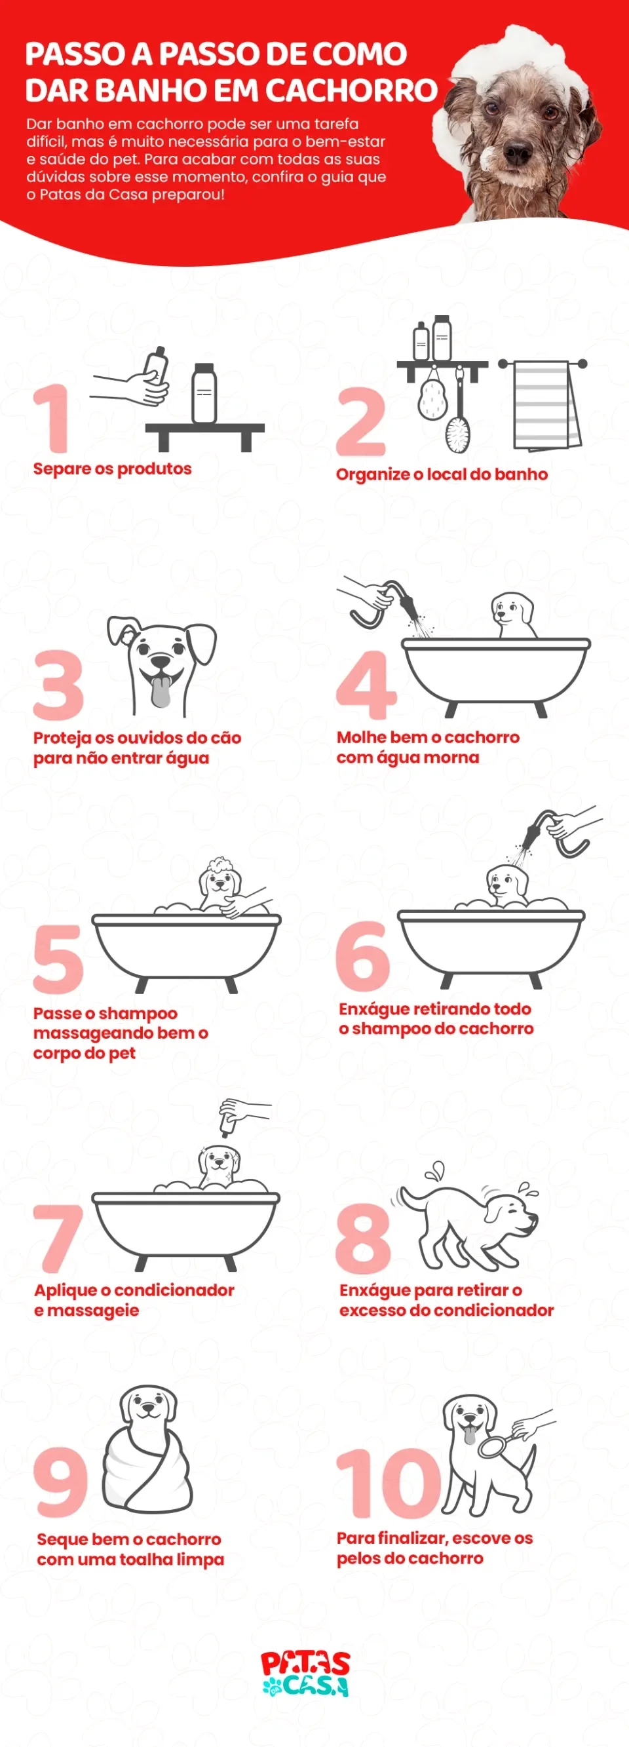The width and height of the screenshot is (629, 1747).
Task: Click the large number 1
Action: (x=53, y=418)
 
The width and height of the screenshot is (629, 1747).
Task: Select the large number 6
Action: (x=362, y=956)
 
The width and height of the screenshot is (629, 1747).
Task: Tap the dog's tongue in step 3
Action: (x=161, y=692)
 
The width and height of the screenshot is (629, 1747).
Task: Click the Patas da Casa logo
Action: (x=305, y=1673)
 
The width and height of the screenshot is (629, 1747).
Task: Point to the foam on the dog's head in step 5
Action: (x=220, y=866)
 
